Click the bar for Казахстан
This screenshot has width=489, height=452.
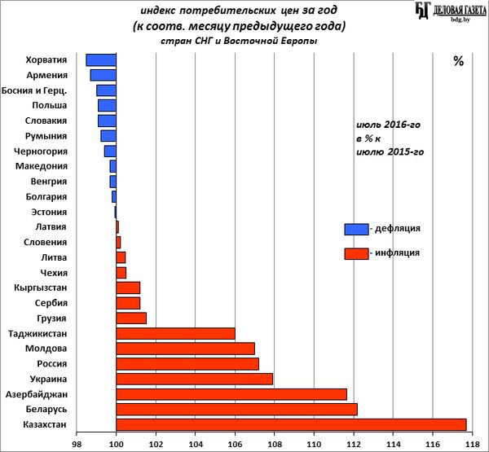(x=291, y=424)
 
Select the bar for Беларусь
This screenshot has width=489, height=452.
(x=236, y=409)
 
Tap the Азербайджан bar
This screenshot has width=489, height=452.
(x=231, y=394)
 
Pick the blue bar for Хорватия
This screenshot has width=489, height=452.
(x=101, y=59)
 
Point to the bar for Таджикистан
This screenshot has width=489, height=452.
(x=175, y=333)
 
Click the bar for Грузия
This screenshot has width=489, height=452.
(x=131, y=318)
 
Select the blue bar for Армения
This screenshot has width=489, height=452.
(x=104, y=75)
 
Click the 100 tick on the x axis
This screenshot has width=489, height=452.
(x=117, y=444)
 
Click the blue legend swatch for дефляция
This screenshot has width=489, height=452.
(x=356, y=229)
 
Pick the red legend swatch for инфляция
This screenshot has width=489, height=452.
(x=356, y=253)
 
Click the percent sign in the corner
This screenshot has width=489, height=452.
(x=458, y=61)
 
